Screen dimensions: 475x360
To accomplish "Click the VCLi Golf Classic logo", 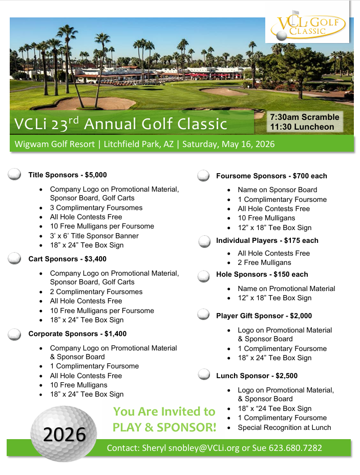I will [x=307, y=26].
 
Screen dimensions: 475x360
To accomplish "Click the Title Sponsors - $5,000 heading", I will [x=68, y=175].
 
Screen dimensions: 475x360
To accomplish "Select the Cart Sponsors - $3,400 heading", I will [x=67, y=259].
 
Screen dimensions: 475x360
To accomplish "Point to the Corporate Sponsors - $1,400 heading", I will [x=77, y=334].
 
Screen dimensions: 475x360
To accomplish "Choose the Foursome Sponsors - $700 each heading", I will [x=271, y=176].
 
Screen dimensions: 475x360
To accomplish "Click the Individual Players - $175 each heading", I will [x=267, y=240].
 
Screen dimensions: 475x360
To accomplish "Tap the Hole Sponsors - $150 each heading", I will [x=262, y=274].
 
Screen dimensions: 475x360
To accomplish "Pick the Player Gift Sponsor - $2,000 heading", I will [x=264, y=316].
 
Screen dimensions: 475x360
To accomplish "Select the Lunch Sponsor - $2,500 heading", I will [x=257, y=376].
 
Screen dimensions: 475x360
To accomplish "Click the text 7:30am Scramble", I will [x=305, y=117].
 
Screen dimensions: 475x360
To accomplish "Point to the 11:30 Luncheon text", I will [x=302, y=127].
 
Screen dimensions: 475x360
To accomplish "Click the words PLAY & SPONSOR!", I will [x=164, y=427].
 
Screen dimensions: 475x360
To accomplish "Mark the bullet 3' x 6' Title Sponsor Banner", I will [x=94, y=236].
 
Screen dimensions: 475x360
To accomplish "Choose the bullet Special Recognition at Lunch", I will [x=284, y=427].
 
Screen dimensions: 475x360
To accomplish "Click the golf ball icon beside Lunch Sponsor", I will [x=204, y=375].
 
